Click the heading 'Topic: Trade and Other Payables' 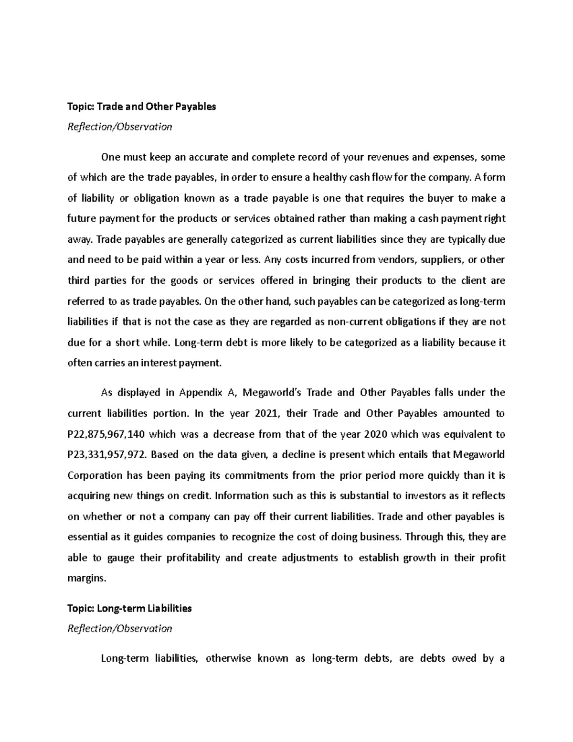[142, 107]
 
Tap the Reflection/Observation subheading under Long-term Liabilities [120, 628]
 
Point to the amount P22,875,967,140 [108, 434]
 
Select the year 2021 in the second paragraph [266, 413]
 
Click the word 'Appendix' [200, 393]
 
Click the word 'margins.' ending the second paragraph [85, 578]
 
